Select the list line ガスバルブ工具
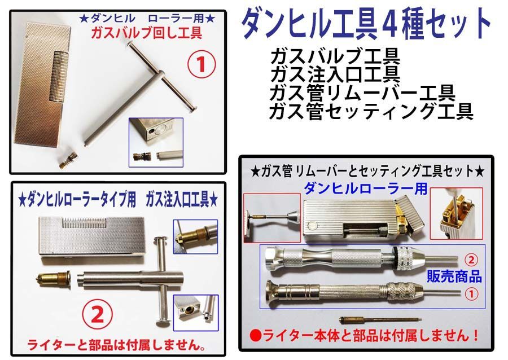[335, 58]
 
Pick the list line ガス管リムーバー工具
[362, 93]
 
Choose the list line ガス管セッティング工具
[371, 111]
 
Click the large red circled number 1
[201, 64]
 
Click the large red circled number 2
[97, 315]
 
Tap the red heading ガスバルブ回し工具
[147, 33]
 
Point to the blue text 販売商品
[454, 276]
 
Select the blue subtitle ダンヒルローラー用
[365, 188]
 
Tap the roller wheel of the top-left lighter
[59, 75]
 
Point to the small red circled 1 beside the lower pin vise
[471, 293]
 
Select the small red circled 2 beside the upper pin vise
[471, 260]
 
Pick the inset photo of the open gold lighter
[456, 213]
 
